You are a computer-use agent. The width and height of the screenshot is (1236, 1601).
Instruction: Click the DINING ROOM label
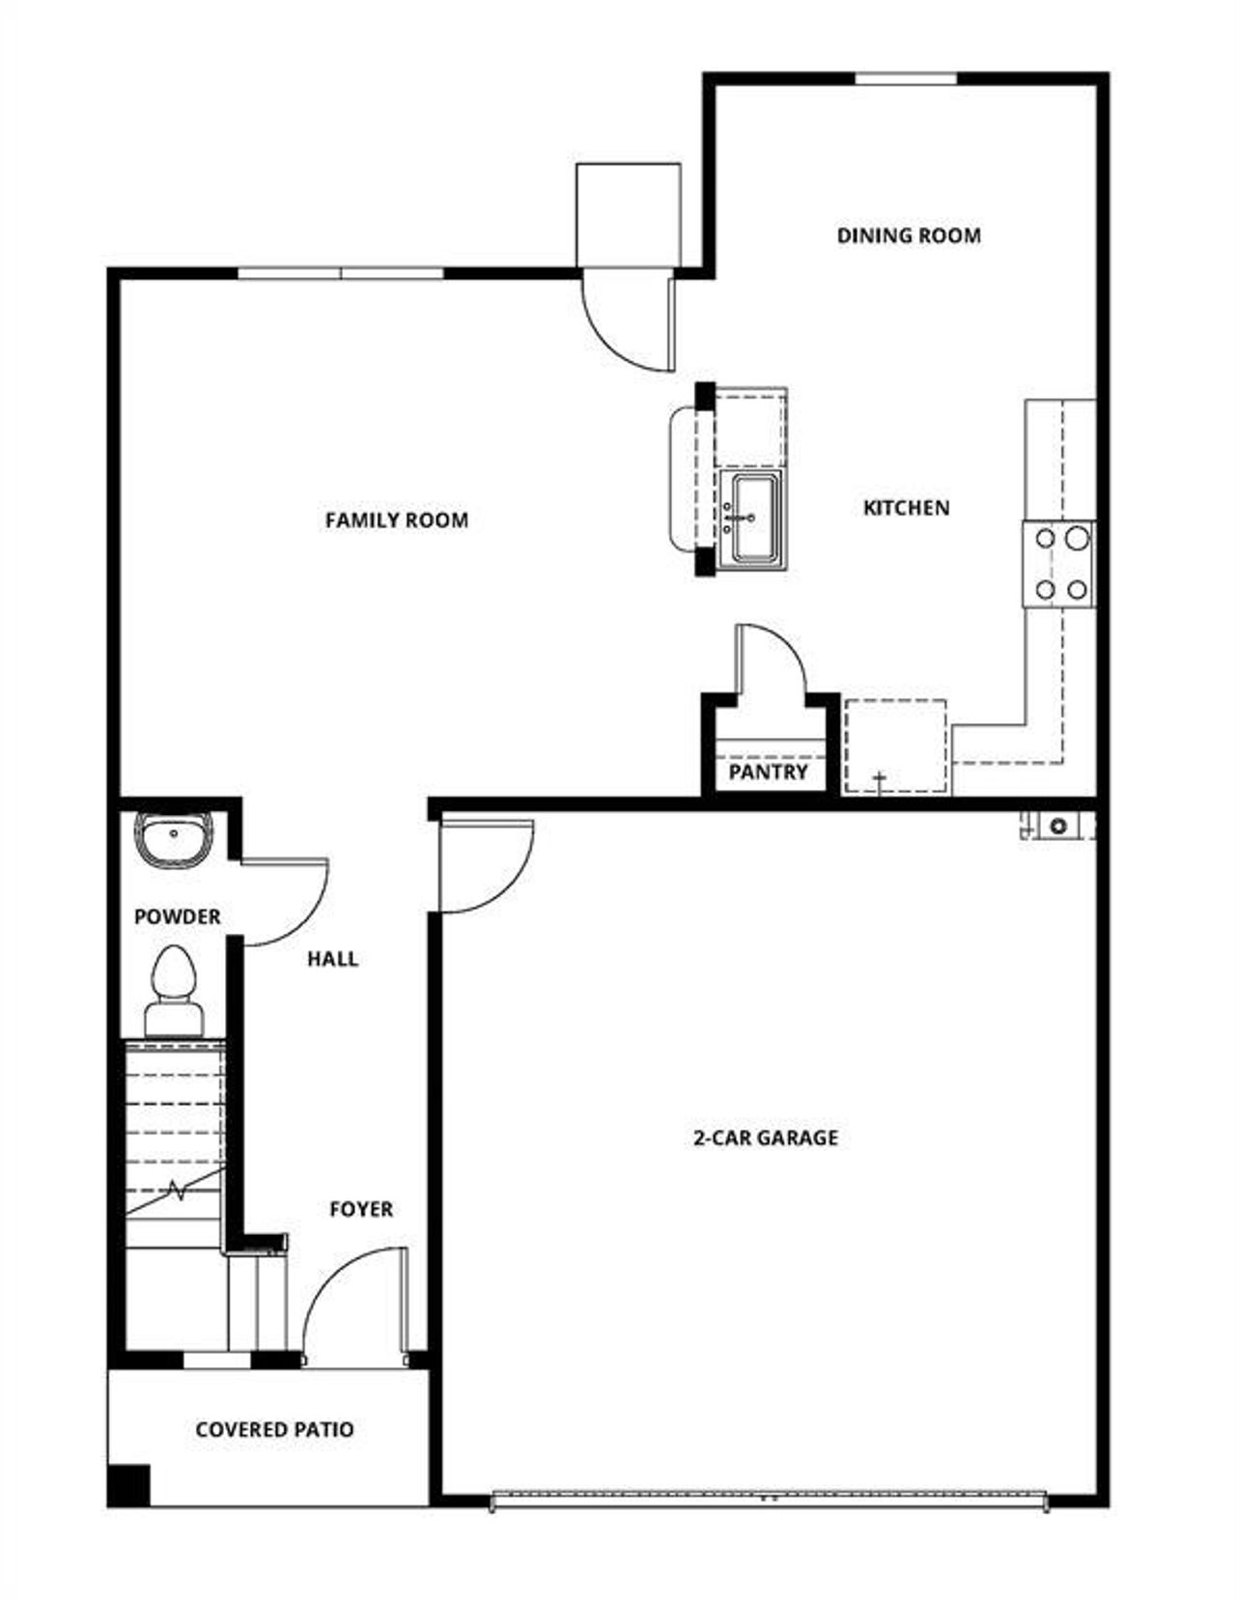908,236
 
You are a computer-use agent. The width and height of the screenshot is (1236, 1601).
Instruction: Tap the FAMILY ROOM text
397,520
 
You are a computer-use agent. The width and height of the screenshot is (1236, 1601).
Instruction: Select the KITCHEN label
906,508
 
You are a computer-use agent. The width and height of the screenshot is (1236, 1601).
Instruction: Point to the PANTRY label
768,772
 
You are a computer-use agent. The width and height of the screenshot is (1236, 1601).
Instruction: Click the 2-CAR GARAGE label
766,1138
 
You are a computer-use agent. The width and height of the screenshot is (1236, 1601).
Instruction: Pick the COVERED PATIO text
274,1429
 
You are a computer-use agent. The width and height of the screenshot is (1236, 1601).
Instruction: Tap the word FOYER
361,1209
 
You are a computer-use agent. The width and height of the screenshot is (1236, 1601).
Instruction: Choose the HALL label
332,959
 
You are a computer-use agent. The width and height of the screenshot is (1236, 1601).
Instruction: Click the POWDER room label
177,916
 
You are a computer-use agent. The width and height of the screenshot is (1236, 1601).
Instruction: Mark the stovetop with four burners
1059,564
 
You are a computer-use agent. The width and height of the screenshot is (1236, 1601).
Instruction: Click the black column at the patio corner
129,1485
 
